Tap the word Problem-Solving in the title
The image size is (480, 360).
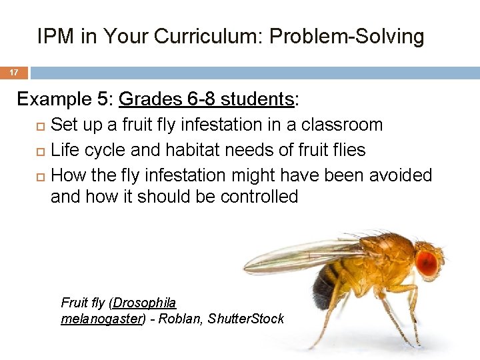347,37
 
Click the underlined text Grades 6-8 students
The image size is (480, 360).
206,99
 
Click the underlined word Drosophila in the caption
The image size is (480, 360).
145,303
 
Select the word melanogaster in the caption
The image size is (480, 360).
101,319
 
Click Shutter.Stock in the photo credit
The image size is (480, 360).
246,319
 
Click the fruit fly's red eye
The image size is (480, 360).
427,262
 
